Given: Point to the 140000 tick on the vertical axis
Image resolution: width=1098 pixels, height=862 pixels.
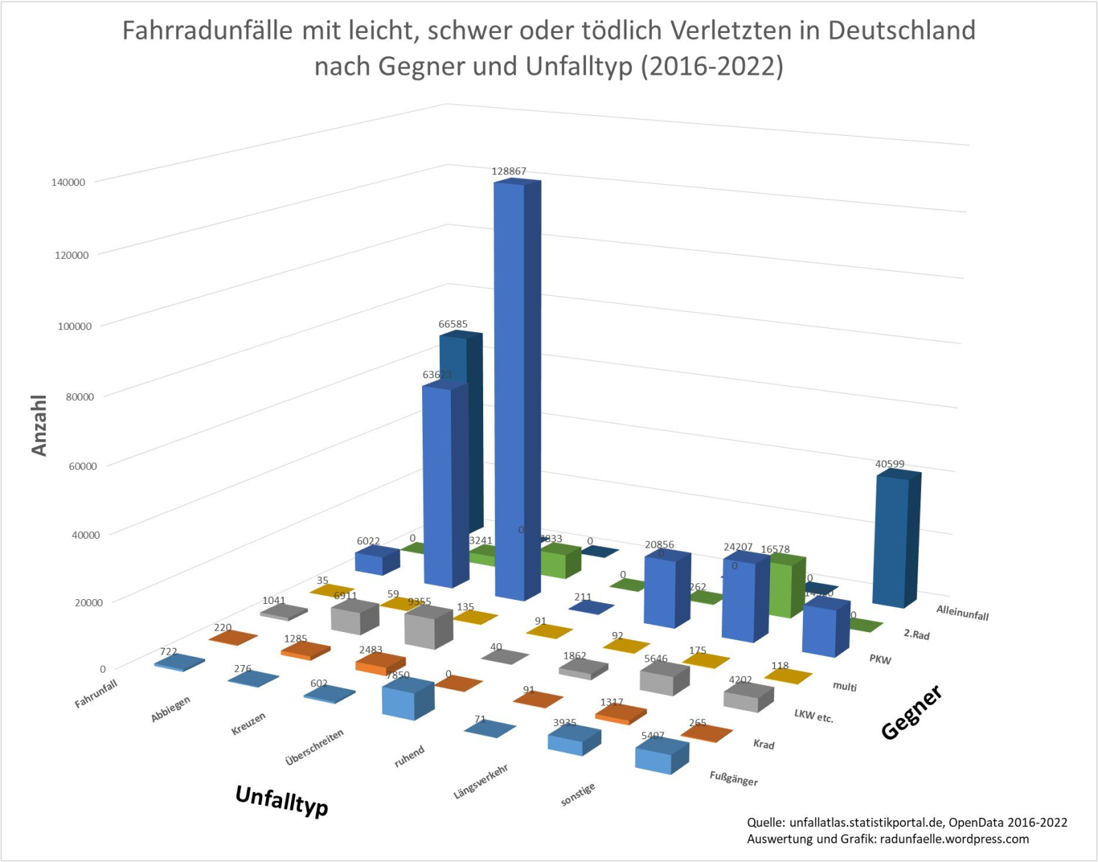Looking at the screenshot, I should click(x=68, y=183).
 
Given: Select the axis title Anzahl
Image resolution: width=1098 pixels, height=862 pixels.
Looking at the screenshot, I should click(x=39, y=426).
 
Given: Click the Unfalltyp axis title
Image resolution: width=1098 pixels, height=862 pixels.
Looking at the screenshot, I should click(x=281, y=800).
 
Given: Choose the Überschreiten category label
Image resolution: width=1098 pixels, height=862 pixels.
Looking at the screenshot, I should click(x=314, y=747).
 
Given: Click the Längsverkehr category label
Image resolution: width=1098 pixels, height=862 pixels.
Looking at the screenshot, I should click(x=480, y=782).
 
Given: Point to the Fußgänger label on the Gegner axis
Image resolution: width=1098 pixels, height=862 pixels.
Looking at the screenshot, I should click(x=733, y=778).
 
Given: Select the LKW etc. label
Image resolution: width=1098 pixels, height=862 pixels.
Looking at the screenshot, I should click(x=813, y=716).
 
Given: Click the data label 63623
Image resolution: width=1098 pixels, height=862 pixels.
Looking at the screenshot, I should click(x=437, y=375).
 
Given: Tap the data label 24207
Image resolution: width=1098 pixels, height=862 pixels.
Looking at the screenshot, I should click(x=738, y=547).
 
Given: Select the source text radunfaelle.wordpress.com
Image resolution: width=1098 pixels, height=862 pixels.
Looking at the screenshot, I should click(x=954, y=839).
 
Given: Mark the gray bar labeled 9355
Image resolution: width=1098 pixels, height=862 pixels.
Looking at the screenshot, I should click(x=428, y=628).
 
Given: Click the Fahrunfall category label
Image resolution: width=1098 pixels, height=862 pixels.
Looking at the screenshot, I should click(x=96, y=693).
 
